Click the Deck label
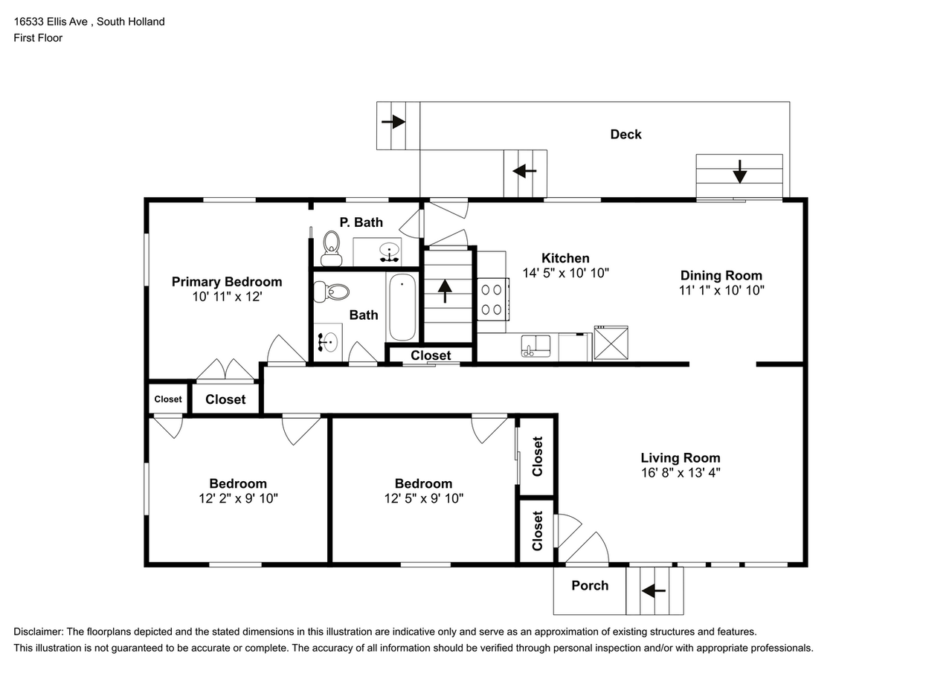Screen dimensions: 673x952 (x=625, y=135)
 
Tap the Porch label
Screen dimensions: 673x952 (x=590, y=586)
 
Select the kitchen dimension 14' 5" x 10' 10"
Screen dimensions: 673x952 (x=565, y=273)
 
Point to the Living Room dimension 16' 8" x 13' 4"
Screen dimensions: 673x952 (x=680, y=472)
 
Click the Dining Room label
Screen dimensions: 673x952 (x=721, y=275)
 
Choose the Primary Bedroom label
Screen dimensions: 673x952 (x=227, y=282)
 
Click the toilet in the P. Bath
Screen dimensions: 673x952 (x=330, y=248)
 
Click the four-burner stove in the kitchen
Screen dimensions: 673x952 (x=492, y=299)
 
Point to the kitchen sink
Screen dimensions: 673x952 (x=535, y=346)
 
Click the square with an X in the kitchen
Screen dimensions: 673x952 (x=611, y=344)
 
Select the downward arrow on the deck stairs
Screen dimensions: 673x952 (x=739, y=172)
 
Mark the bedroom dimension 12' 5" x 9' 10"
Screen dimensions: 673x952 (x=423, y=498)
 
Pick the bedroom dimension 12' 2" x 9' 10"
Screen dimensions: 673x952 (x=237, y=498)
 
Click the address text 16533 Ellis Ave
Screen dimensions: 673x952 (x=51, y=22)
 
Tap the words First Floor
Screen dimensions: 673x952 (x=38, y=38)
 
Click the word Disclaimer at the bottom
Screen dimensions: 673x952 (x=39, y=631)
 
